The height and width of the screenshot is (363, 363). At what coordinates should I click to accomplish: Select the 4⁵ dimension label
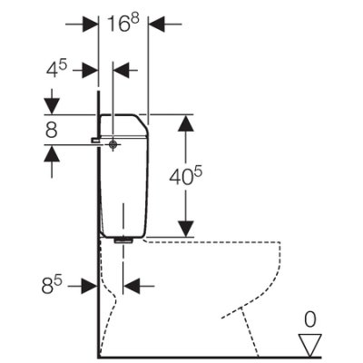[x=56, y=70]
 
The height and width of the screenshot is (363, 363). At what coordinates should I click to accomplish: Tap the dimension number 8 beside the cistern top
[x=52, y=130]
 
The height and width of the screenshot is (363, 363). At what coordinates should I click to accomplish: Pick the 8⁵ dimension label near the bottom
[x=52, y=286]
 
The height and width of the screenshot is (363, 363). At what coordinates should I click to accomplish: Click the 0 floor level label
[x=310, y=319]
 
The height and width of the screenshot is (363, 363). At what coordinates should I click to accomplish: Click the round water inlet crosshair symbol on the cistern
[x=113, y=145]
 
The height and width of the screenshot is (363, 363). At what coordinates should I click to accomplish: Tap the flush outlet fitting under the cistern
[x=123, y=240]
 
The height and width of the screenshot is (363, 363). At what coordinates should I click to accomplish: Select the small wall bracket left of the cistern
[x=95, y=140]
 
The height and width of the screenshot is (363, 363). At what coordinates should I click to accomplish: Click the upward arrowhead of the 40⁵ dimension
[x=186, y=123]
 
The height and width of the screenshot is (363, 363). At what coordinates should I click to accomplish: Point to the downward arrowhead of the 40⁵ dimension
[x=186, y=229]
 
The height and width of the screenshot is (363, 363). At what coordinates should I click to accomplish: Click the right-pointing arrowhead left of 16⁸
[x=91, y=24]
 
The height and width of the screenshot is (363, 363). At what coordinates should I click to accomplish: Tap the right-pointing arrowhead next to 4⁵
[x=91, y=70]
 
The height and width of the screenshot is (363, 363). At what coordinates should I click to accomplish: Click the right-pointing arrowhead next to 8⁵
[x=89, y=286]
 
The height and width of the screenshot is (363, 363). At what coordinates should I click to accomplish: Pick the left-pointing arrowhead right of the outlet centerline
[x=132, y=286]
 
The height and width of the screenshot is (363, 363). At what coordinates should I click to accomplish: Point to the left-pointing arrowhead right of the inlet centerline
[x=121, y=70]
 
